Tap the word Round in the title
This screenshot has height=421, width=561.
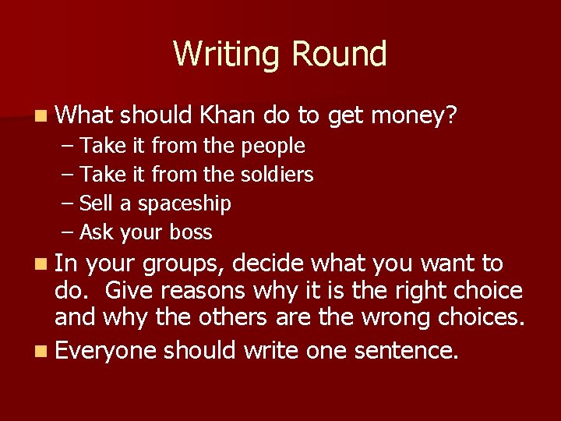(339, 55)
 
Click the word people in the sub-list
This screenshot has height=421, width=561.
(273, 147)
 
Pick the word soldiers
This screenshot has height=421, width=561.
(278, 175)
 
